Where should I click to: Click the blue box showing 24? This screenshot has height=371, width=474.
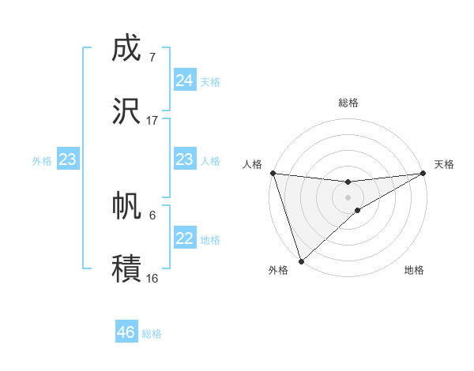184,81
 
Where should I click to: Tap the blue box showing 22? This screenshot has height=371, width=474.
184,238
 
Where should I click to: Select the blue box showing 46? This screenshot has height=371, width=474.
126,332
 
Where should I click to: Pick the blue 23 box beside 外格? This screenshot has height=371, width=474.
67,159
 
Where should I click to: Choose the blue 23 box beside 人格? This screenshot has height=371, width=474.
184,159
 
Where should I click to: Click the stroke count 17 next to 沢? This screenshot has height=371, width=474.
152,121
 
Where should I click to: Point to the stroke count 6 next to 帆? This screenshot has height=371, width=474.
152,215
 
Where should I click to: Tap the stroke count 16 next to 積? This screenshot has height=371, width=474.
152,278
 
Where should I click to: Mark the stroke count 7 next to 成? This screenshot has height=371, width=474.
152,57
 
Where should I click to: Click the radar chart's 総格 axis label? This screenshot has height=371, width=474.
348,103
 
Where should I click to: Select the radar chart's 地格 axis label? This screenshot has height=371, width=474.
414,271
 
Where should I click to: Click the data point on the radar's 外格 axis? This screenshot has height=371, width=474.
300,260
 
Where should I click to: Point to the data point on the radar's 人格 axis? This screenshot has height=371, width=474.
272,173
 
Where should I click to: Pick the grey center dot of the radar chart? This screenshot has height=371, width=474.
348,197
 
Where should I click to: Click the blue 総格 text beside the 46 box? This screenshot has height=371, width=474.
152,334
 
